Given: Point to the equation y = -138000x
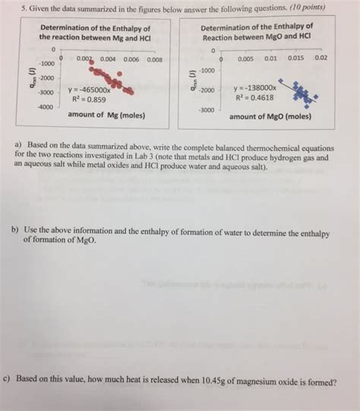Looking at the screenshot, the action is point(257,88).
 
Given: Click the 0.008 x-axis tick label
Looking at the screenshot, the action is point(154,59).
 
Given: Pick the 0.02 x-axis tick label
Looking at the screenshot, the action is point(321,58).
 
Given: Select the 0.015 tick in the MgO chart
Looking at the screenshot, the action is point(295,58).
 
